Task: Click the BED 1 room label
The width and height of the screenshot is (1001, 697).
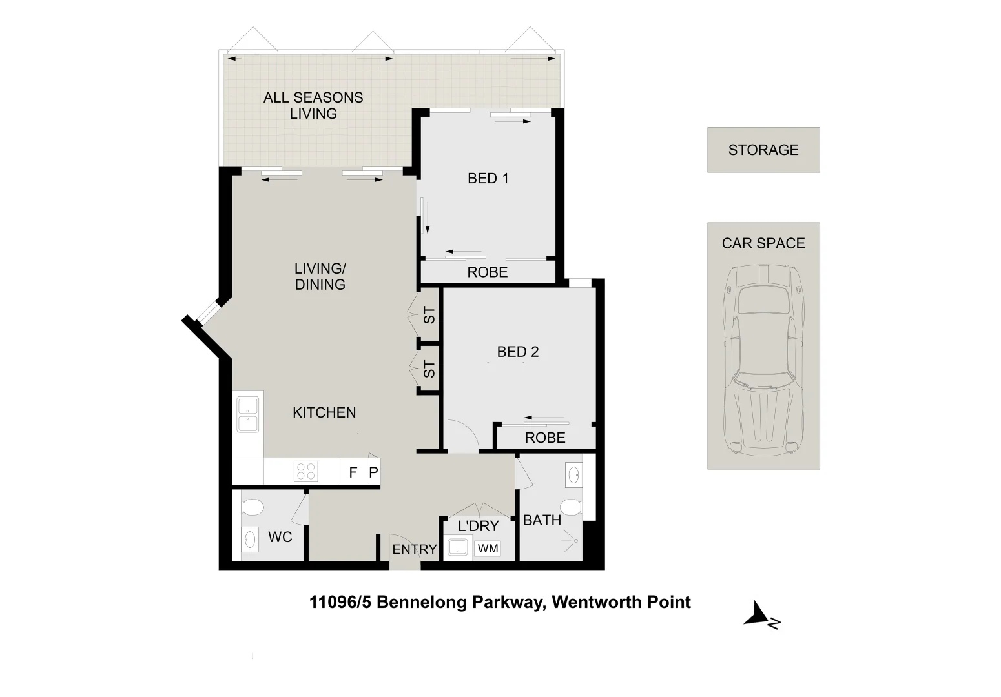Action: click(x=488, y=178)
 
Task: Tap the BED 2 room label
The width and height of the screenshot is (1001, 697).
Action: click(x=517, y=352)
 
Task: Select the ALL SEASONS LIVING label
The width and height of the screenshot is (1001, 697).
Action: click(x=313, y=105)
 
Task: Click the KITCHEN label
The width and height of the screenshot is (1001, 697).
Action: click(x=324, y=412)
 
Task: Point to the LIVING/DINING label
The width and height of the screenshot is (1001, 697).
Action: click(x=320, y=276)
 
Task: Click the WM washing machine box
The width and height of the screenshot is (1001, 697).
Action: click(x=488, y=549)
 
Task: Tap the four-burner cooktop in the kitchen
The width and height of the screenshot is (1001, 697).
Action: click(x=305, y=471)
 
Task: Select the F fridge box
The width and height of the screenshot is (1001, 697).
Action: click(x=353, y=472)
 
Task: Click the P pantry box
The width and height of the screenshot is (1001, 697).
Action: click(x=373, y=472)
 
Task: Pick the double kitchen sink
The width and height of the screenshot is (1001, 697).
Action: click(x=248, y=414)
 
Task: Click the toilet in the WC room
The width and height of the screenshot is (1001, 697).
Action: click(x=252, y=507)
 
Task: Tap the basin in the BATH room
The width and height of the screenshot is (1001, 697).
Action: click(x=572, y=476)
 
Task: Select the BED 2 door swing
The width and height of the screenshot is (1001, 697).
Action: click(x=461, y=436)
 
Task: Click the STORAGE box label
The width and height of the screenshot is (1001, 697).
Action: click(x=763, y=150)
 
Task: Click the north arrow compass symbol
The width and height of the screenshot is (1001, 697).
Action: click(x=761, y=616)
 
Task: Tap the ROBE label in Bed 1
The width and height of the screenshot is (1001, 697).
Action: click(x=487, y=272)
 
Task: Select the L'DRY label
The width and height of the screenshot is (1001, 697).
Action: click(x=478, y=526)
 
